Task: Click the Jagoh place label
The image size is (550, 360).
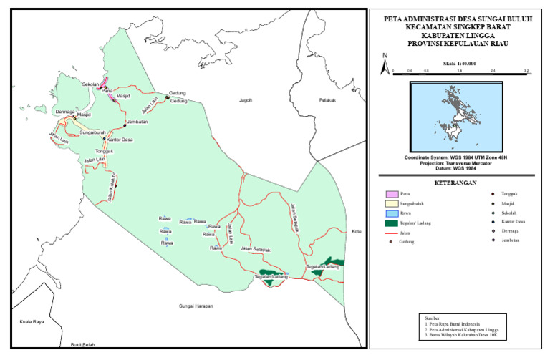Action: pos(247,101)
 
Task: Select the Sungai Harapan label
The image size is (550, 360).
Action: pos(197,306)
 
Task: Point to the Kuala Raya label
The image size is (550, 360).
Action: pos(32,322)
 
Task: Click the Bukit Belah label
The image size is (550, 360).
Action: pos(82,345)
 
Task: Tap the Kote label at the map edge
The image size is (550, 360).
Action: pos(357,232)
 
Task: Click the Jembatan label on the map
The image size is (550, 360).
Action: pos(136,122)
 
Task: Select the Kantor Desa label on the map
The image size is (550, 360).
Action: pos(118,140)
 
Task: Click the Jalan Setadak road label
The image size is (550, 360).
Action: pos(256,249)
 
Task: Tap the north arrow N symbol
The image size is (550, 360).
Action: pos(385,57)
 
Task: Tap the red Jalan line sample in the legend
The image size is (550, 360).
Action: pos(390,233)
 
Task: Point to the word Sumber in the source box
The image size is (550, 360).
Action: pos(434,317)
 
